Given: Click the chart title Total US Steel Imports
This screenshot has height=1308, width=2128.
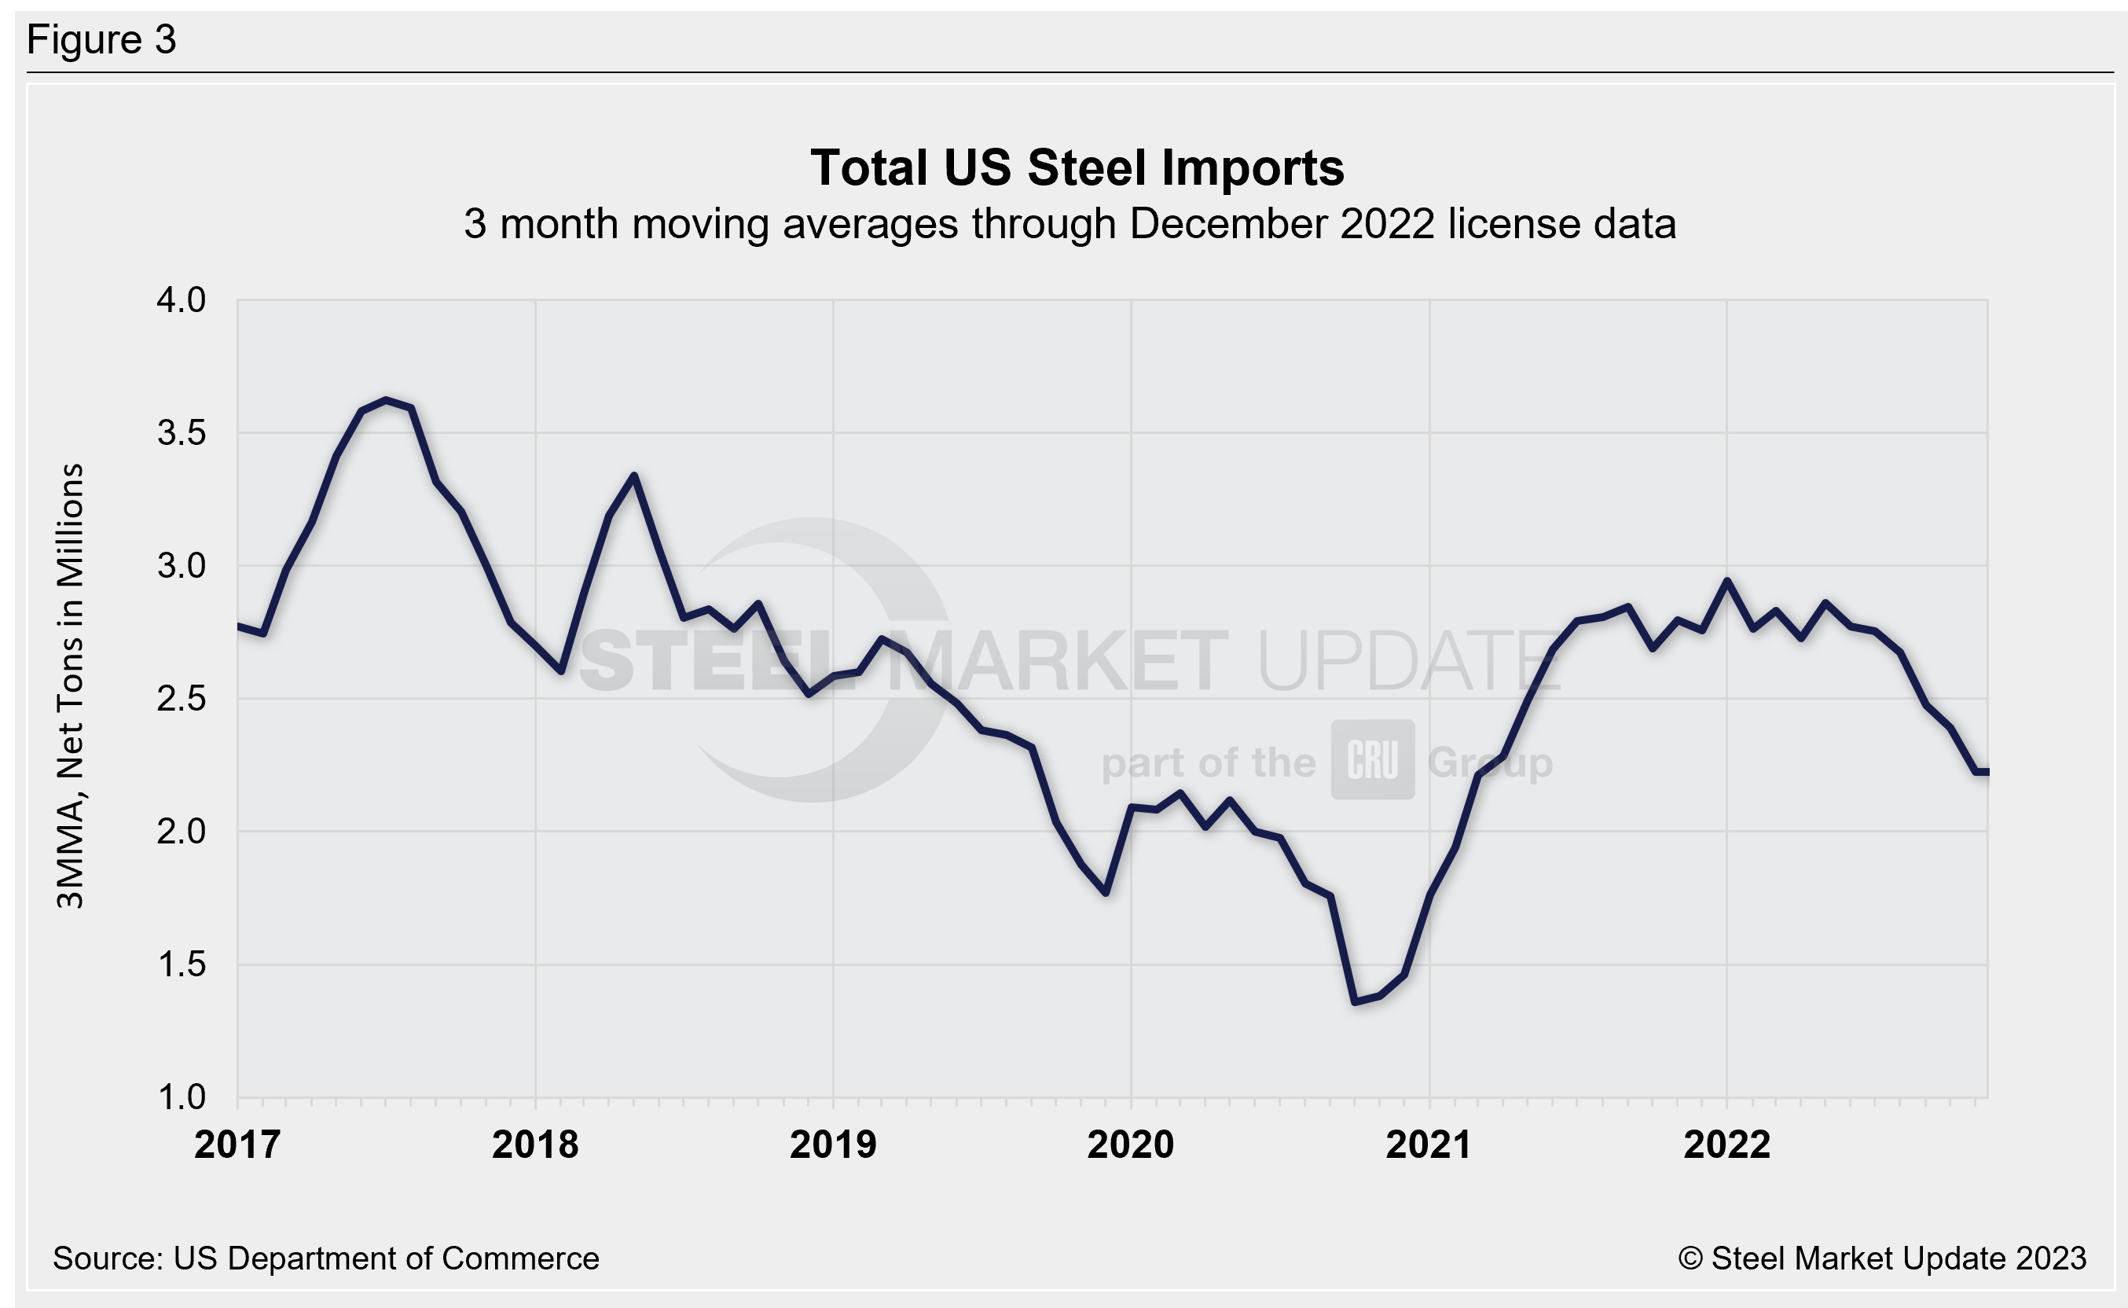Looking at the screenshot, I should (x=1077, y=168).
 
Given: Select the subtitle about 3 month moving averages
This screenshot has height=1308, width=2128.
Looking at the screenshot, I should (x=1070, y=224).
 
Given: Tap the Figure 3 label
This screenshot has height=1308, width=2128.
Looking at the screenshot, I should (x=101, y=40).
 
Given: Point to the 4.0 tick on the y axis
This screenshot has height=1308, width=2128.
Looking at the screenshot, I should (x=181, y=300).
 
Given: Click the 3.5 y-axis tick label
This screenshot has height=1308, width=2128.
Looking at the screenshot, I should (x=181, y=432).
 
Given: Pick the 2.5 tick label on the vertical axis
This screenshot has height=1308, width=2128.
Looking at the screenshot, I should (x=181, y=699).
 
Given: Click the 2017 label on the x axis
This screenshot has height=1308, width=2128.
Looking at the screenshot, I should (x=237, y=1144).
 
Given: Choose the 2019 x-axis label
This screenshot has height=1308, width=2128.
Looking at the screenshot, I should (x=833, y=1144).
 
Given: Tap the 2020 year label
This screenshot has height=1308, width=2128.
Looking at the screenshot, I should (x=1130, y=1144).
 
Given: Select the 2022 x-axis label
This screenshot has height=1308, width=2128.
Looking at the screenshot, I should (x=1726, y=1144).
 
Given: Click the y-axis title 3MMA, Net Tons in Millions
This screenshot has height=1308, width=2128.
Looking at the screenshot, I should (x=70, y=685).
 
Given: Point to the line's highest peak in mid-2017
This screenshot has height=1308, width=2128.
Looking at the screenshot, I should (x=387, y=401).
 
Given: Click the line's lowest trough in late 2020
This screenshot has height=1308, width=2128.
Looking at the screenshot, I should (x=1354, y=1001).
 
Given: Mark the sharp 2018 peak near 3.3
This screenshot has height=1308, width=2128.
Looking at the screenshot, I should (x=634, y=476).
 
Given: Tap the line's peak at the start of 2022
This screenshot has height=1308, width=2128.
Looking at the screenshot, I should (x=1726, y=582).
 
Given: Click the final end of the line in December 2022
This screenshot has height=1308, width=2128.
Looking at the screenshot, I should (x=1987, y=772).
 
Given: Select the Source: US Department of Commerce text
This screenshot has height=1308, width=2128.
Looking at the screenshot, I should (x=326, y=1258).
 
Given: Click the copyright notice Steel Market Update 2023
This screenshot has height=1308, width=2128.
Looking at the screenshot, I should (x=1881, y=1258).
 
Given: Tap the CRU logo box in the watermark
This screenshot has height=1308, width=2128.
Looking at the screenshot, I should (x=1372, y=759).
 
